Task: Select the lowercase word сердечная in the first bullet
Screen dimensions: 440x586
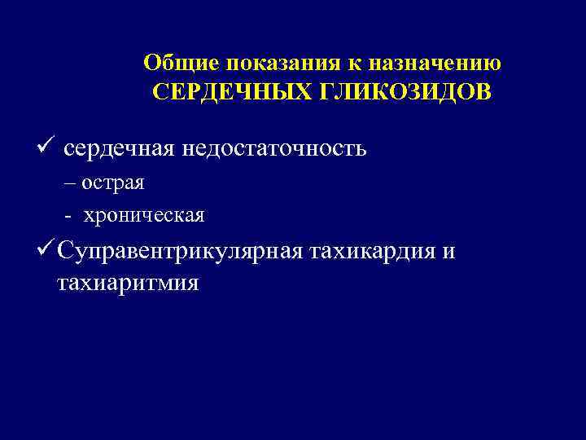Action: tap(142, 149)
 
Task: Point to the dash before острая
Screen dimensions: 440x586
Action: tap(69, 183)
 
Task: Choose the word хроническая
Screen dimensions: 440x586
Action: tap(144, 216)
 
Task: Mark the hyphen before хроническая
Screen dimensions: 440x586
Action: tap(68, 216)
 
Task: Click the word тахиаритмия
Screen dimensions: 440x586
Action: tap(128, 284)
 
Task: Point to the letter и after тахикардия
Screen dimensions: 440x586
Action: tap(448, 253)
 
